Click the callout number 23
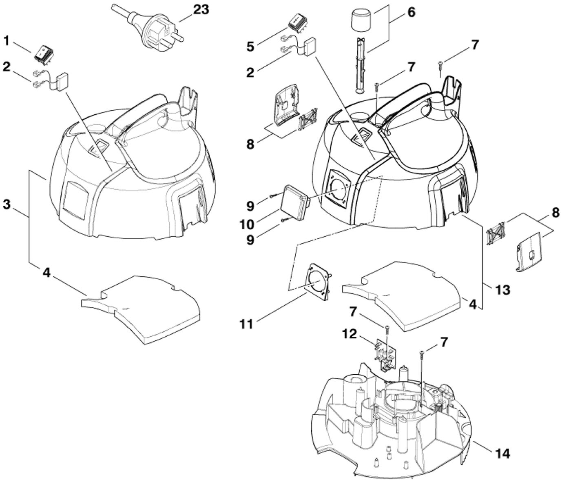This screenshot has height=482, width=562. point(201,9)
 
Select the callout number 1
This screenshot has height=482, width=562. point(6,40)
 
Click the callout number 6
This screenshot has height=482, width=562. point(411,12)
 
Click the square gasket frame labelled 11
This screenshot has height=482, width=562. point(318,282)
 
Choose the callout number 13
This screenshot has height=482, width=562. point(502,290)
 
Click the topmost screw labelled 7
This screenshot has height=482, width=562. point(441,63)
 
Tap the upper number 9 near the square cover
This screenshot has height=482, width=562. point(250,205)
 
